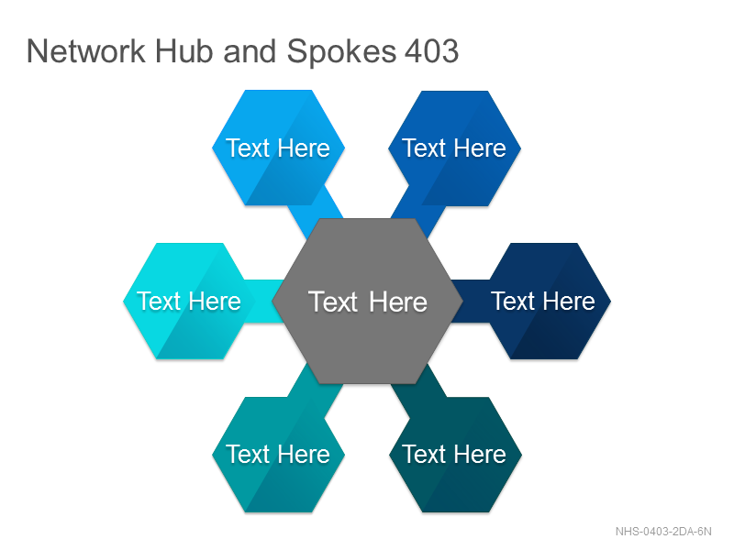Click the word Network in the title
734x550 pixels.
(86, 50)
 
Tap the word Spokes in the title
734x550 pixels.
(341, 51)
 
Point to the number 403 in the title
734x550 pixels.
(431, 50)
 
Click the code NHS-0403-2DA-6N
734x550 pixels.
(663, 532)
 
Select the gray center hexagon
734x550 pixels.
(368, 302)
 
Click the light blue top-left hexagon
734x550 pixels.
(279, 148)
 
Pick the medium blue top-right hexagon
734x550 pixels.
(454, 148)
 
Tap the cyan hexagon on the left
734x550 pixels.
(189, 301)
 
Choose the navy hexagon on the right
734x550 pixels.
(543, 301)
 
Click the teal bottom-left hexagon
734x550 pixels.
(279, 455)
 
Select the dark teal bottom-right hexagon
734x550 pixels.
(455, 455)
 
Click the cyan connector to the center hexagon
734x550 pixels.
(264, 301)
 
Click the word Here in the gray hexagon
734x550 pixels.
(398, 302)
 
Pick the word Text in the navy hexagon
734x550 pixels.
(513, 301)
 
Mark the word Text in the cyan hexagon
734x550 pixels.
(159, 301)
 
